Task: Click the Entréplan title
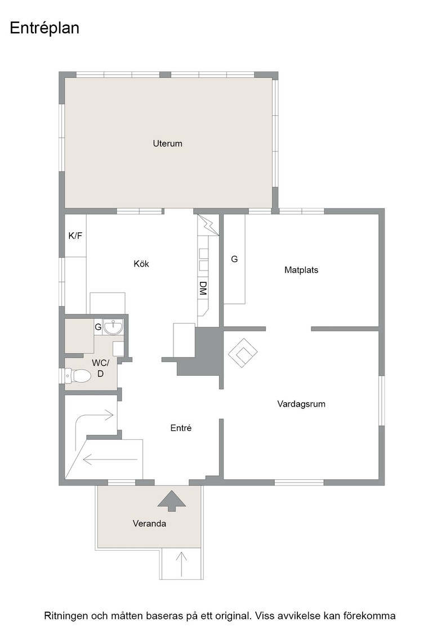point(44,29)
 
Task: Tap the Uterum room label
point(167,143)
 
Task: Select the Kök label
point(141,264)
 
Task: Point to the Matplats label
point(301,270)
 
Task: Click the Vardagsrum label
point(301,404)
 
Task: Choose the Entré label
point(181,428)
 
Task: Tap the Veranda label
point(150,524)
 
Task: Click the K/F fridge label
point(75,236)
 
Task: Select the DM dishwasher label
point(203,289)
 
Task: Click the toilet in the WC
point(77,376)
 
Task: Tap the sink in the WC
point(113,326)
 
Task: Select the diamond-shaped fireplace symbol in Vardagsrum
point(243,353)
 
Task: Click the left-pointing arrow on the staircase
point(110,459)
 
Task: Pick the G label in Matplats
point(234,259)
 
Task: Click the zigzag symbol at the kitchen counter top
point(208,224)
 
